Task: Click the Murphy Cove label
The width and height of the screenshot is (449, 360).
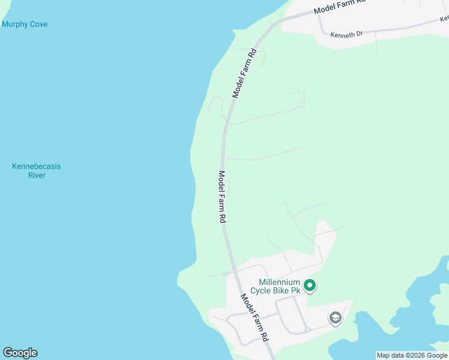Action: click(x=25, y=25)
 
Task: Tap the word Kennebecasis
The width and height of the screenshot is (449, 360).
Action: click(x=37, y=166)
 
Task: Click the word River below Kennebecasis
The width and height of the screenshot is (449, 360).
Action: click(x=37, y=175)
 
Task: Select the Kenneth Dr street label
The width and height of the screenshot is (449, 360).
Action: click(x=347, y=34)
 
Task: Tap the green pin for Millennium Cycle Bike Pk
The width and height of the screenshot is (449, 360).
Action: click(x=310, y=286)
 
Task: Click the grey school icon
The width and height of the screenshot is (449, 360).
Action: click(x=336, y=318)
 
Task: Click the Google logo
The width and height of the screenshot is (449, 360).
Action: click(x=20, y=353)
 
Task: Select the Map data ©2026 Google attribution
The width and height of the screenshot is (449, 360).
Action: click(x=412, y=355)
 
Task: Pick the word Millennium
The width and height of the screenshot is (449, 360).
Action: click(x=279, y=282)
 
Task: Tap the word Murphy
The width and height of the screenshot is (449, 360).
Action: click(x=14, y=25)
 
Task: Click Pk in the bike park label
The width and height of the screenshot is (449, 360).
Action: click(x=295, y=291)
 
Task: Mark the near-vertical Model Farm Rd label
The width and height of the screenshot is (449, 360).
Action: click(x=221, y=197)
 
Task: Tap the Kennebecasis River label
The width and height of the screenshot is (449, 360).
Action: click(x=37, y=170)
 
